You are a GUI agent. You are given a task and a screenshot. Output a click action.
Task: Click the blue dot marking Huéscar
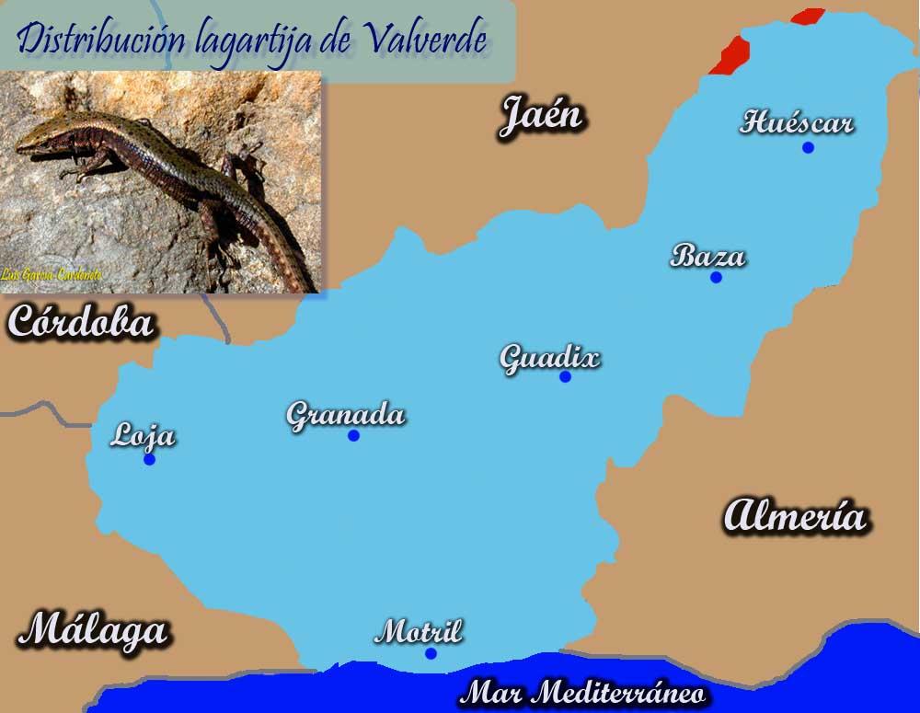click(x=808, y=147)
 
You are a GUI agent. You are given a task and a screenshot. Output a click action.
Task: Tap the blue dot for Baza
click(x=716, y=277)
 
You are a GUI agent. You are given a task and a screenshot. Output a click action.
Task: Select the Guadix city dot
click(x=565, y=376)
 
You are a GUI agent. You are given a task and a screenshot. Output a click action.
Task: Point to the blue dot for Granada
click(x=353, y=435)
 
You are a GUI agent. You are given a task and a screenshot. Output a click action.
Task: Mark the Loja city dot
click(x=149, y=459)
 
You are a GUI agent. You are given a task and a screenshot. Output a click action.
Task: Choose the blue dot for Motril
click(x=431, y=653)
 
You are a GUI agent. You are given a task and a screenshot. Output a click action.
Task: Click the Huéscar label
click(x=797, y=122)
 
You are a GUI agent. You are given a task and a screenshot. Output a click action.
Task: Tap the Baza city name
click(x=707, y=255)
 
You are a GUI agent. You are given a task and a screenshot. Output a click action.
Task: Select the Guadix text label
click(x=549, y=357)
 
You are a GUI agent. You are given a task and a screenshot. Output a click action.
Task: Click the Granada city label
click(x=346, y=415)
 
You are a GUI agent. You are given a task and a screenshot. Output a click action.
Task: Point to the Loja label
click(x=143, y=436)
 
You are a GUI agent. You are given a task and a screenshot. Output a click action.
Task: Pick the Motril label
click(x=419, y=632)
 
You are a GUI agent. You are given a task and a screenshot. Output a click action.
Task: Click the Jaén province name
click(x=542, y=117)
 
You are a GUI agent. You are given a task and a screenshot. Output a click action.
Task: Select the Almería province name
click(x=795, y=516)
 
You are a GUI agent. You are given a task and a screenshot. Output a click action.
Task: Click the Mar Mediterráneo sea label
click(x=583, y=693)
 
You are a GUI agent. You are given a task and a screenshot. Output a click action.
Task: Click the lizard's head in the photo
click(x=41, y=138)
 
